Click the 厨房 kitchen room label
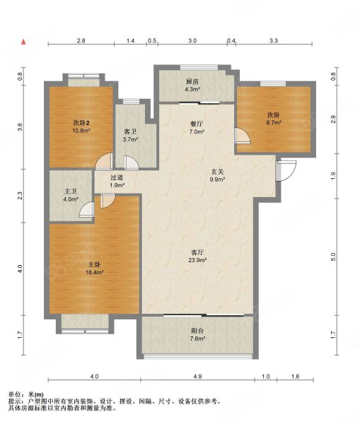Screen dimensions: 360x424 pyautogui.click(x=192, y=82)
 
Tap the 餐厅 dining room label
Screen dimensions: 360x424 pyautogui.click(x=197, y=124)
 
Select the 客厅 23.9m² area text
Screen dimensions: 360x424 pyautogui.click(x=197, y=260)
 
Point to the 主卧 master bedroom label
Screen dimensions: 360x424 pyautogui.click(x=94, y=264)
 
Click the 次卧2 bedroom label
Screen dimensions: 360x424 pyautogui.click(x=81, y=123)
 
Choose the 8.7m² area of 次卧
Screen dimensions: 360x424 pyautogui.click(x=274, y=122)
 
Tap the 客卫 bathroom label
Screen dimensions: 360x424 pyautogui.click(x=130, y=132)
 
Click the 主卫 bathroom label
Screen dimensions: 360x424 pyautogui.click(x=71, y=192)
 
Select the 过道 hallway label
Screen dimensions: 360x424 pyautogui.click(x=117, y=177)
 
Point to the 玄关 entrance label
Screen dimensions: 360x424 pyautogui.click(x=218, y=172)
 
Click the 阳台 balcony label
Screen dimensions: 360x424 pyautogui.click(x=197, y=331)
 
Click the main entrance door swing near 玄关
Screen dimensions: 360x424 pyautogui.click(x=286, y=171)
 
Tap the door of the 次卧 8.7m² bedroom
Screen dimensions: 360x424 pyautogui.click(x=243, y=135)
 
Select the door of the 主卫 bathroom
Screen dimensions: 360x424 pyautogui.click(x=86, y=210)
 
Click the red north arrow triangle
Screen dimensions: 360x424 pyautogui.click(x=24, y=42)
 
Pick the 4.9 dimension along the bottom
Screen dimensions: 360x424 pyautogui.click(x=198, y=376)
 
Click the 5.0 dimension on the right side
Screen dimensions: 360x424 pyautogui.click(x=333, y=257)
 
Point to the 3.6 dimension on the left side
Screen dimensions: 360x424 pyautogui.click(x=20, y=126)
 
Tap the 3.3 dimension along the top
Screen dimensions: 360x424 pyautogui.click(x=274, y=41)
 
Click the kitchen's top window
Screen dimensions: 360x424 pyautogui.click(x=199, y=67)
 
